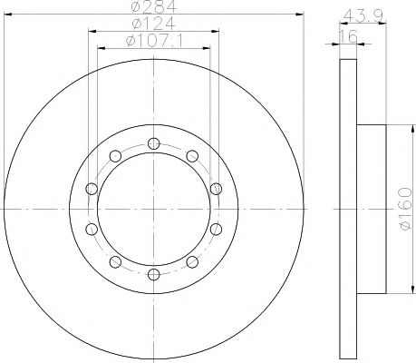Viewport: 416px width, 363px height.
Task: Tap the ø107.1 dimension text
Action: [x=152, y=41]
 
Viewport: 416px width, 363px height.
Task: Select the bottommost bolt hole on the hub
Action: [x=153, y=273]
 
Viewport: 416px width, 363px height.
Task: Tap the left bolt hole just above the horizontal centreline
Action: [x=91, y=188]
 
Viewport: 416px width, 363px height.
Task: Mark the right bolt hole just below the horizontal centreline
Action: [x=216, y=228]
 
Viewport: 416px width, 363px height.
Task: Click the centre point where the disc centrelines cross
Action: [x=153, y=208]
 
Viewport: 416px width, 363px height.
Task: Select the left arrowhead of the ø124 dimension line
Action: [x=92, y=32]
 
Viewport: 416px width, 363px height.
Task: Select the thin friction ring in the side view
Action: [x=348, y=208]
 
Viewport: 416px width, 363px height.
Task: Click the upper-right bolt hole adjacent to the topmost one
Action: [x=192, y=154]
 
